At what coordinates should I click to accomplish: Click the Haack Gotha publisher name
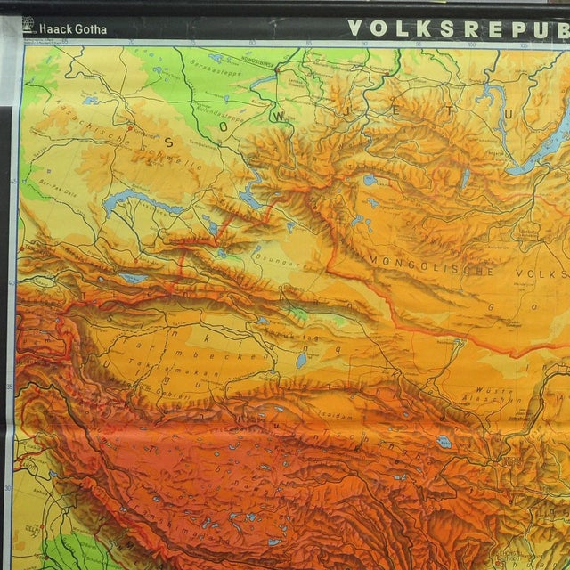[x=73, y=29]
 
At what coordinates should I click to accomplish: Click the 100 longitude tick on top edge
[x=469, y=40]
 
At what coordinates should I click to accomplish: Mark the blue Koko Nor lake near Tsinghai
[x=444, y=441]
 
